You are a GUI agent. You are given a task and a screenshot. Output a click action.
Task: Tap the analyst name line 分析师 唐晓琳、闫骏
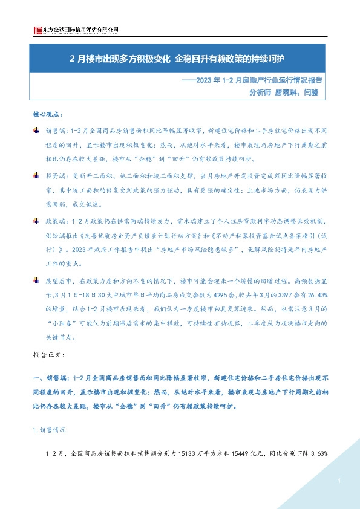pyautogui.click(x=283, y=92)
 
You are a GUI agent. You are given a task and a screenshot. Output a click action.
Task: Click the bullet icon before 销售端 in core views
pyautogui.click(x=35, y=130)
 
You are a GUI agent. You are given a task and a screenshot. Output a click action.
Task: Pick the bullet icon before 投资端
pyautogui.click(x=35, y=175)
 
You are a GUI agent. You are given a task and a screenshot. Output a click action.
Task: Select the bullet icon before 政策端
pyautogui.click(x=35, y=221)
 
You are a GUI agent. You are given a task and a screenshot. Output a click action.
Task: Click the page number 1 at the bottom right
pyautogui.click(x=341, y=481)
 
